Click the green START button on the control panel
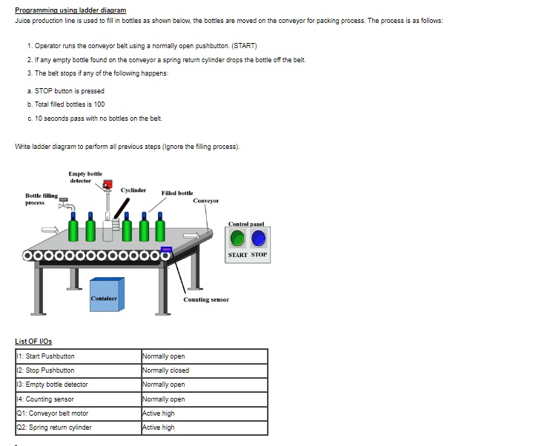pos(237,239)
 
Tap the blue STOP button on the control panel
pos(258,239)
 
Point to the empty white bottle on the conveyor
pos(107,225)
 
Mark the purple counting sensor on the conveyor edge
pos(166,250)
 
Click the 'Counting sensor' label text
pos(206,299)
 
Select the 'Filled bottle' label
pos(176,193)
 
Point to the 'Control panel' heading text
pos(248,224)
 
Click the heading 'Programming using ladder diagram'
pos(70,10)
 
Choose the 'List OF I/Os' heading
pos(33,341)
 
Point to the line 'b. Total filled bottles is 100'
pos(65,104)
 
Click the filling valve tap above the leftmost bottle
pos(65,201)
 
